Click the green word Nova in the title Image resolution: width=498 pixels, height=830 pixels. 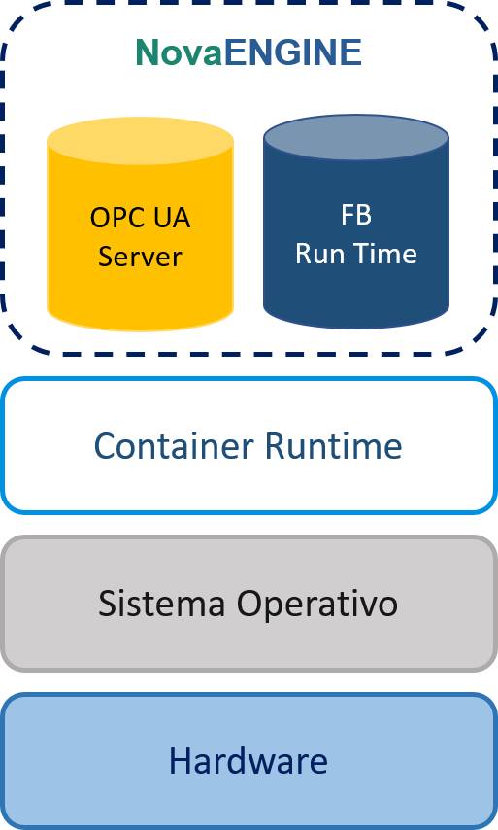(180, 52)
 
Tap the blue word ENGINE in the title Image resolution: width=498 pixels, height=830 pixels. (293, 52)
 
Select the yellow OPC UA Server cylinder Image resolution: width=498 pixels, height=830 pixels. (140, 224)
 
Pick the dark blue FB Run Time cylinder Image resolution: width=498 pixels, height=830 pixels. (356, 222)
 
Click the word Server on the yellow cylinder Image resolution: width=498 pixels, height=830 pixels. (140, 257)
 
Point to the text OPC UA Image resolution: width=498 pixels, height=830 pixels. (140, 217)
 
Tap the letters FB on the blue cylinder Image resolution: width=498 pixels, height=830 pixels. (356, 215)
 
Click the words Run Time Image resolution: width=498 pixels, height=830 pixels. (356, 253)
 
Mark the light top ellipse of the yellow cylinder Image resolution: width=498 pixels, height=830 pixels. (140, 139)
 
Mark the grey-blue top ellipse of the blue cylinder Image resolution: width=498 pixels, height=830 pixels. (356, 137)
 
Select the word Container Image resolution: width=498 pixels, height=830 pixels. (174, 446)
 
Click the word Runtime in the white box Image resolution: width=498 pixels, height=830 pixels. (333, 446)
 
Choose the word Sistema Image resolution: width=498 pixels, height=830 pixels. (161, 603)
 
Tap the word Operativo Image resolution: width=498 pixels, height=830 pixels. (316, 605)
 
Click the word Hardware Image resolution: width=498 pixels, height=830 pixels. (248, 761)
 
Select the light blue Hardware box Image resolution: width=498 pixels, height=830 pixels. (249, 761)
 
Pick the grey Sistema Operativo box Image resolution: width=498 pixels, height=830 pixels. (249, 604)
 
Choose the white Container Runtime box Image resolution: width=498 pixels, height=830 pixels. (249, 445)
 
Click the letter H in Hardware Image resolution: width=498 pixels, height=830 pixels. (179, 761)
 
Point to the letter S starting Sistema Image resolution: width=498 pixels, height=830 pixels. (107, 603)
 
